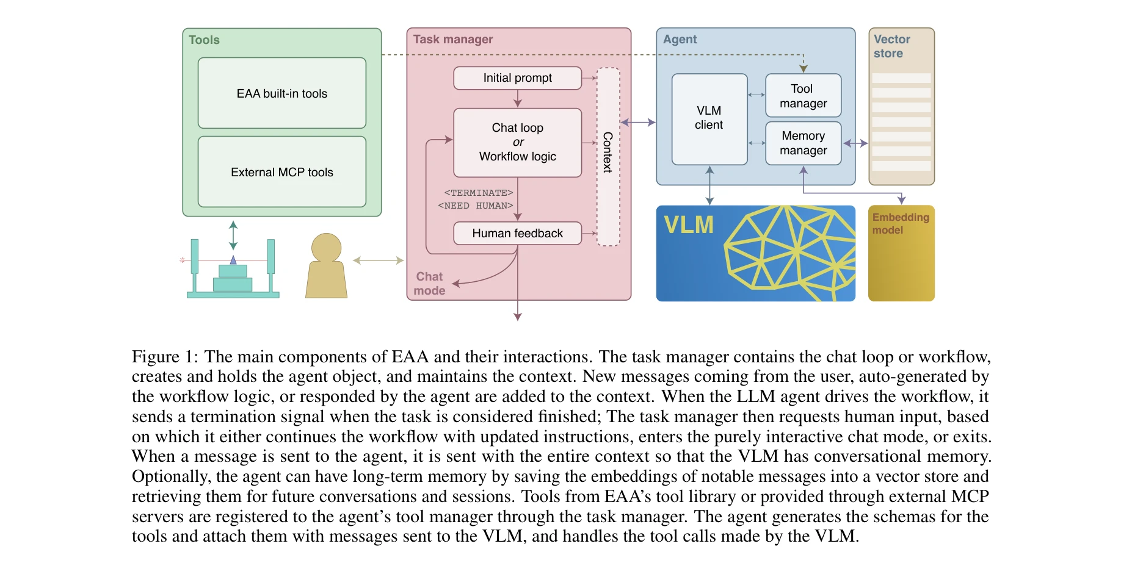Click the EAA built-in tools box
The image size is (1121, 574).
(x=281, y=93)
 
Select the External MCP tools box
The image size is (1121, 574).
(x=281, y=172)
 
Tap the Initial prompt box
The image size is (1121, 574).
(x=517, y=78)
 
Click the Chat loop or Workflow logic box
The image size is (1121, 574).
(x=517, y=142)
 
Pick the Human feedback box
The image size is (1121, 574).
(x=517, y=233)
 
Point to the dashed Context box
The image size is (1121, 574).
(x=608, y=156)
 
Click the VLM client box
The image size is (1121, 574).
(x=709, y=118)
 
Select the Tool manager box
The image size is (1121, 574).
(x=803, y=96)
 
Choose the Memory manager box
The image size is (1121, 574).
(x=803, y=143)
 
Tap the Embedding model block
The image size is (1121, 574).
(x=901, y=253)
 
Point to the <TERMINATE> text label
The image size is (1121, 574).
(x=479, y=193)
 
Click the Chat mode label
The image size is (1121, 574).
(x=429, y=284)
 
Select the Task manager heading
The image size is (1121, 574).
(x=452, y=39)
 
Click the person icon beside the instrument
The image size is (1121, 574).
(x=326, y=266)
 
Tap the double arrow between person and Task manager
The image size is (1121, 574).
(x=378, y=260)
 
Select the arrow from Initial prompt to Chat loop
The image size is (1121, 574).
(x=518, y=99)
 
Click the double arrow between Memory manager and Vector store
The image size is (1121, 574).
(x=855, y=143)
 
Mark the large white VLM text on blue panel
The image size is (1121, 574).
(x=689, y=225)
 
